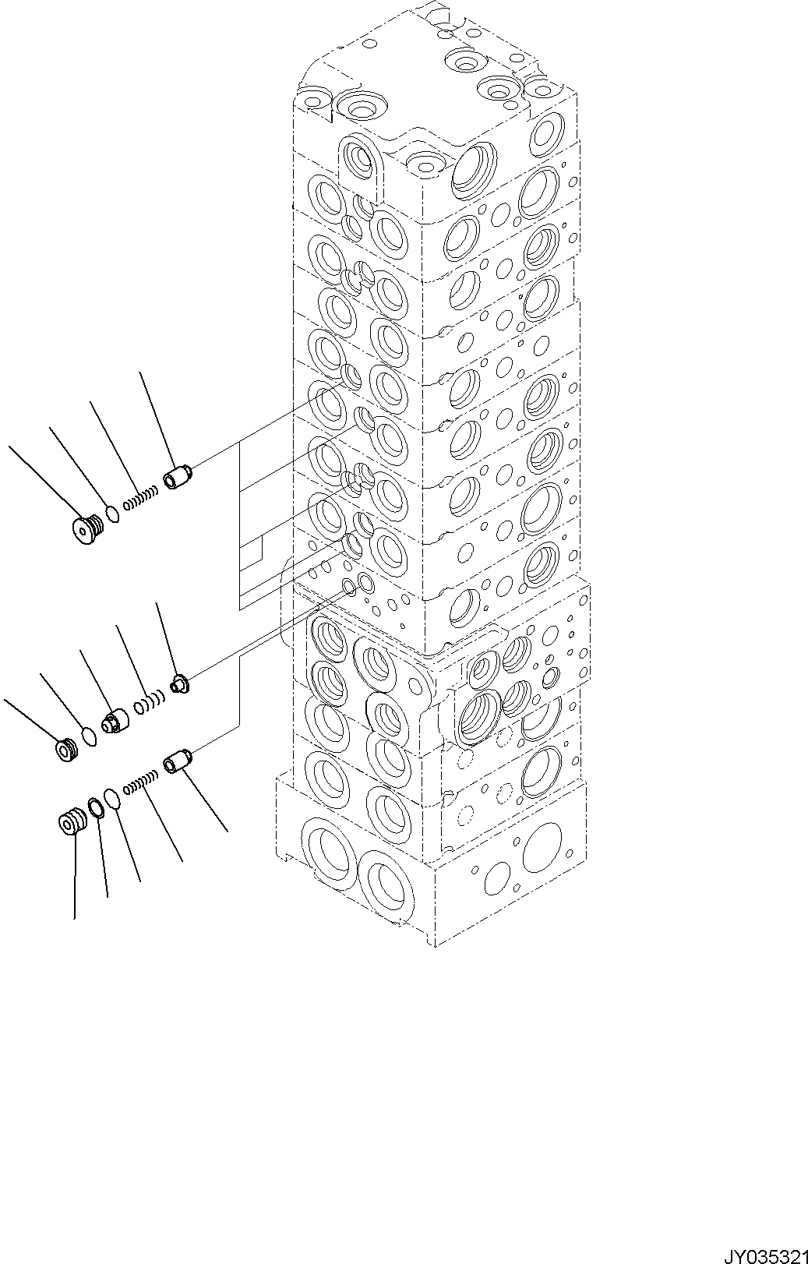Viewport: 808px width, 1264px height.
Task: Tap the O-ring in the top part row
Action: click(113, 514)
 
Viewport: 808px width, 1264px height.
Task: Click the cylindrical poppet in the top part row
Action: click(177, 476)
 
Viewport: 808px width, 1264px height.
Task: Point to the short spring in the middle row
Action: click(147, 704)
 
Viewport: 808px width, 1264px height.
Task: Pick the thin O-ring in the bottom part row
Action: click(113, 798)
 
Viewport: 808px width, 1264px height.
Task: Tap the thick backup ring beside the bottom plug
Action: click(95, 808)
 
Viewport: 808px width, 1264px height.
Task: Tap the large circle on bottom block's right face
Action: click(542, 848)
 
